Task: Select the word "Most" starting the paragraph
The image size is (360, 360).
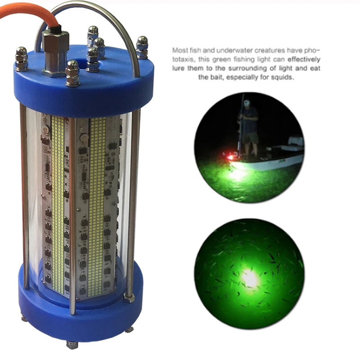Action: [x=180, y=50]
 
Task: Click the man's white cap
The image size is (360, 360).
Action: [x=247, y=103]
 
